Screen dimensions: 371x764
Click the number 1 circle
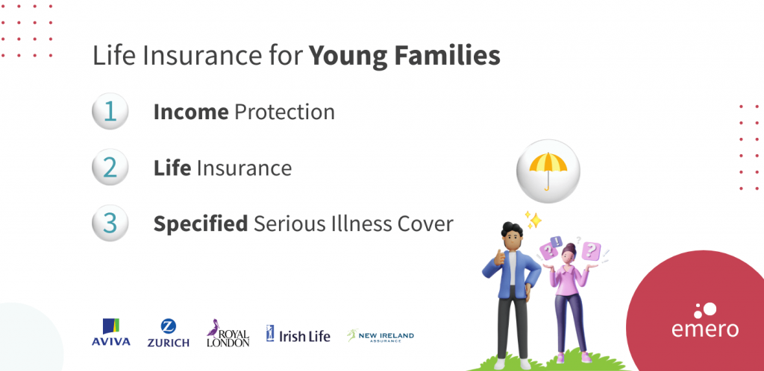110,112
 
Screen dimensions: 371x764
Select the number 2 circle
110,168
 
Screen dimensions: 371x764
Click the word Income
190,112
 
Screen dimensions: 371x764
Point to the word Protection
284,112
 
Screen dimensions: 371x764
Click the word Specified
200,223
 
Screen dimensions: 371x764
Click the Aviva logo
111,333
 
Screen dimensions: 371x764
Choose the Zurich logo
168,333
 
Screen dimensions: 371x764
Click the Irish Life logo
298,334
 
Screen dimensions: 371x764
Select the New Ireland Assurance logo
380,335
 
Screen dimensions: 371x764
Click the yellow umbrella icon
548,170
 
